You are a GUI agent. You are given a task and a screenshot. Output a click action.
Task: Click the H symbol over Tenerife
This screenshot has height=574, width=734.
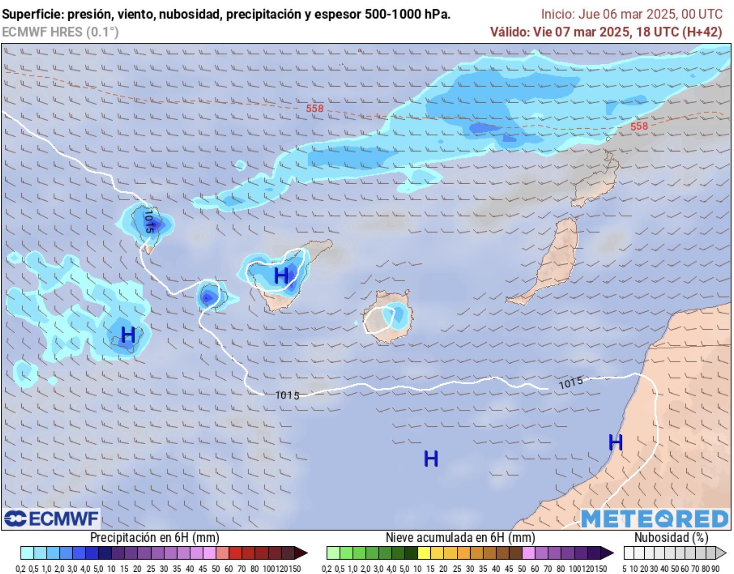tap(281, 276)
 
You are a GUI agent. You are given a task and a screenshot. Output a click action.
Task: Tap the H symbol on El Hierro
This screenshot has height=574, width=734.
tap(128, 334)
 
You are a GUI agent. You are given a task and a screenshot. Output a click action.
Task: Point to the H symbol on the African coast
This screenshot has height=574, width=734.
tap(615, 442)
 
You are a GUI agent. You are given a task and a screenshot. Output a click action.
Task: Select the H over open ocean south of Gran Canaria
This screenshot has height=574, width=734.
tap(430, 458)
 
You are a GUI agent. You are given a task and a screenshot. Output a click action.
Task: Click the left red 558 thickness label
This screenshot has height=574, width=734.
tap(314, 108)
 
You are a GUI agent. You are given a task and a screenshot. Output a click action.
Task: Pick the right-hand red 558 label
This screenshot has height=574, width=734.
tap(639, 126)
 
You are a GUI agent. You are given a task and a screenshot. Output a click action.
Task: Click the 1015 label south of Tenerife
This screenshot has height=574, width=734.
tap(287, 395)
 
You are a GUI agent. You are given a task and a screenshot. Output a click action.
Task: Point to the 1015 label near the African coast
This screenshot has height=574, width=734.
tap(571, 383)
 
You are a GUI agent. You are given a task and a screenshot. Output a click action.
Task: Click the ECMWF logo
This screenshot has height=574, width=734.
tap(51, 519)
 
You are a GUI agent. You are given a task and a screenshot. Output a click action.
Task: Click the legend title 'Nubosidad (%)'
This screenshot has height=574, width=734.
tap(671, 538)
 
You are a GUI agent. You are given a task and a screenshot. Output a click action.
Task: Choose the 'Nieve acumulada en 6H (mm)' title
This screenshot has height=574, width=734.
tap(460, 538)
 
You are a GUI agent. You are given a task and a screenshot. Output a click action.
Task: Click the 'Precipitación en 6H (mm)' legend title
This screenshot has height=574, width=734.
tap(154, 538)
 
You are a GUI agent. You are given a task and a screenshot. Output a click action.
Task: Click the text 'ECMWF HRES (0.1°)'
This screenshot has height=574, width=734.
tap(60, 32)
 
